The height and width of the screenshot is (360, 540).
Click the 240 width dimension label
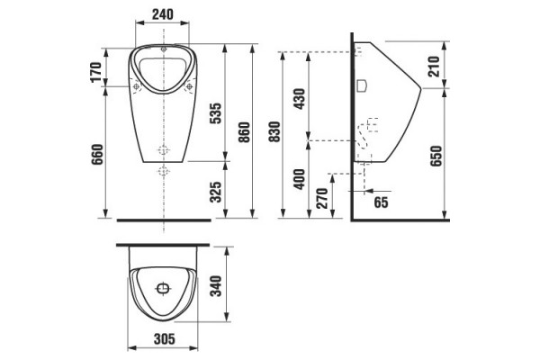click(x=163, y=14)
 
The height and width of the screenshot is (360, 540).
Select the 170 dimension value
click(x=96, y=72)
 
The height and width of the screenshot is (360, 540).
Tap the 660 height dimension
click(x=97, y=154)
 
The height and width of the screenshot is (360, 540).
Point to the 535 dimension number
click(x=216, y=112)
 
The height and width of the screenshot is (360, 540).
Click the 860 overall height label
click(x=244, y=131)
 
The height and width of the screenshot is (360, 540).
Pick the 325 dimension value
click(x=216, y=192)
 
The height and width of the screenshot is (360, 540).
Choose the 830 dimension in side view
click(x=274, y=131)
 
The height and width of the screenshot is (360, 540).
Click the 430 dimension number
click(x=300, y=99)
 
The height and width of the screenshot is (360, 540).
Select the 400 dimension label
click(x=300, y=179)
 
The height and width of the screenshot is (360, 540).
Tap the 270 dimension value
click(x=322, y=198)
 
